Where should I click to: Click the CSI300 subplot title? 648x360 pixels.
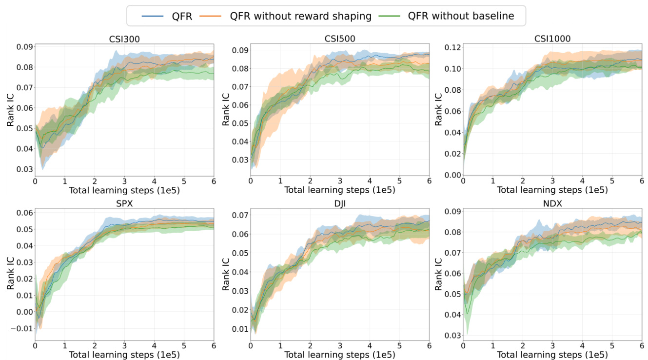point(124,39)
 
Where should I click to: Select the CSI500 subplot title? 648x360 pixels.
point(339,39)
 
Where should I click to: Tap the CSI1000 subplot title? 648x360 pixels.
point(552,39)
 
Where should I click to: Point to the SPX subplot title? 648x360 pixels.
point(124,203)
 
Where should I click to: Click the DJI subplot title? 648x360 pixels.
point(340,203)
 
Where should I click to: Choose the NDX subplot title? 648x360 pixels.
point(552,203)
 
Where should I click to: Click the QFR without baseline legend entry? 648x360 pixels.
point(461,16)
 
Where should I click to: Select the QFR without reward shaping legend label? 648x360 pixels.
point(301,16)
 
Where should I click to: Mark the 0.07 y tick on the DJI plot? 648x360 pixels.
point(239,215)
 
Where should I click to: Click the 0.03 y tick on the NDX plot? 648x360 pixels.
point(452,335)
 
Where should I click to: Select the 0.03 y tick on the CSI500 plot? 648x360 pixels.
point(239,160)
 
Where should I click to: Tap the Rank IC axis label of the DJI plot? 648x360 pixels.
point(226,276)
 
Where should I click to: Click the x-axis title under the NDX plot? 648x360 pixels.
point(552,355)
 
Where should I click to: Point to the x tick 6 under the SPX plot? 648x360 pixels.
point(214,345)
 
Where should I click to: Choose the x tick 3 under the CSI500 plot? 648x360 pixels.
point(340,181)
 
